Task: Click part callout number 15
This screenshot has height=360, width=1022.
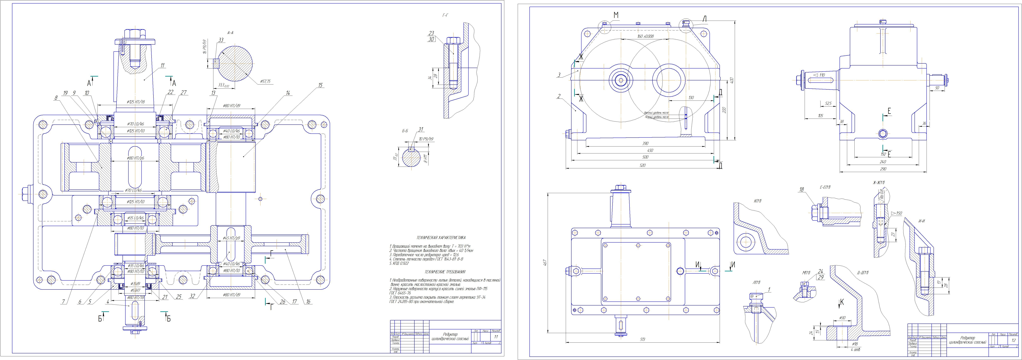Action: coord(320,85)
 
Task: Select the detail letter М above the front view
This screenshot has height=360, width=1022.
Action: coord(616,15)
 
